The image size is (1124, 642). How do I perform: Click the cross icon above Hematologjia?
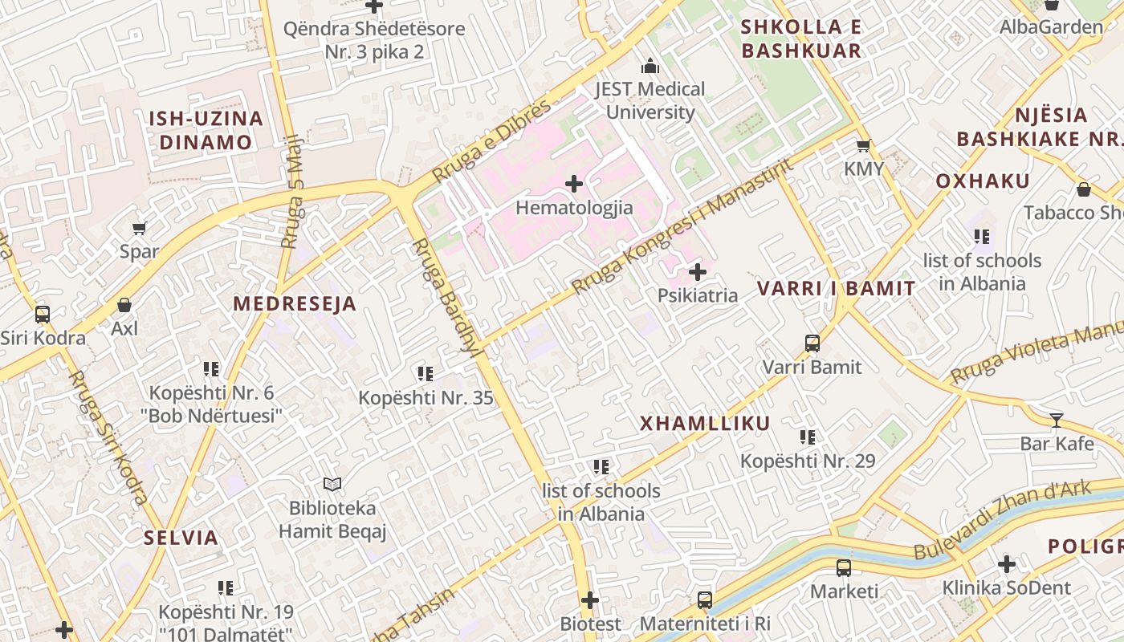point(574,185)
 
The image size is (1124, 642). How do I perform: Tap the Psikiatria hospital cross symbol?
point(698,272)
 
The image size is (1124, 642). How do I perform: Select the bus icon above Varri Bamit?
point(812,343)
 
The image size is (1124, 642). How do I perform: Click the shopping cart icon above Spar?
point(139,229)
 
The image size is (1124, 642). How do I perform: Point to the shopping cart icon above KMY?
point(864,146)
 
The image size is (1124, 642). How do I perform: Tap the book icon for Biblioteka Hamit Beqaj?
point(332,484)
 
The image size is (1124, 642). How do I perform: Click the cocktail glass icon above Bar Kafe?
point(1056,420)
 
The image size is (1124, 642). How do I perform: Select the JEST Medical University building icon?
point(650,66)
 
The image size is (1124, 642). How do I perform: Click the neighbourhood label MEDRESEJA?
point(295,303)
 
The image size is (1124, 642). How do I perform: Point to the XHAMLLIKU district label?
point(705,424)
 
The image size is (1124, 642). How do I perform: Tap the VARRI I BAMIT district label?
point(837,289)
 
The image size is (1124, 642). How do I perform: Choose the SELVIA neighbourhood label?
point(181,538)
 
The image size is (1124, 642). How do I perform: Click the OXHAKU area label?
point(983,181)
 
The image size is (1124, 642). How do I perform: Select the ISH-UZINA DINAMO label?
point(206,131)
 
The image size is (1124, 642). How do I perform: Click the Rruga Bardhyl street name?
point(446,297)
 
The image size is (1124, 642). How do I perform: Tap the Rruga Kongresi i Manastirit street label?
point(682,226)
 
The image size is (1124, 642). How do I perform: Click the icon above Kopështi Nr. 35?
point(426,373)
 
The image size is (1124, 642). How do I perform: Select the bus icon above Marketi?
point(844,568)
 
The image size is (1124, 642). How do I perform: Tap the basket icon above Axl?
point(124,305)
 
